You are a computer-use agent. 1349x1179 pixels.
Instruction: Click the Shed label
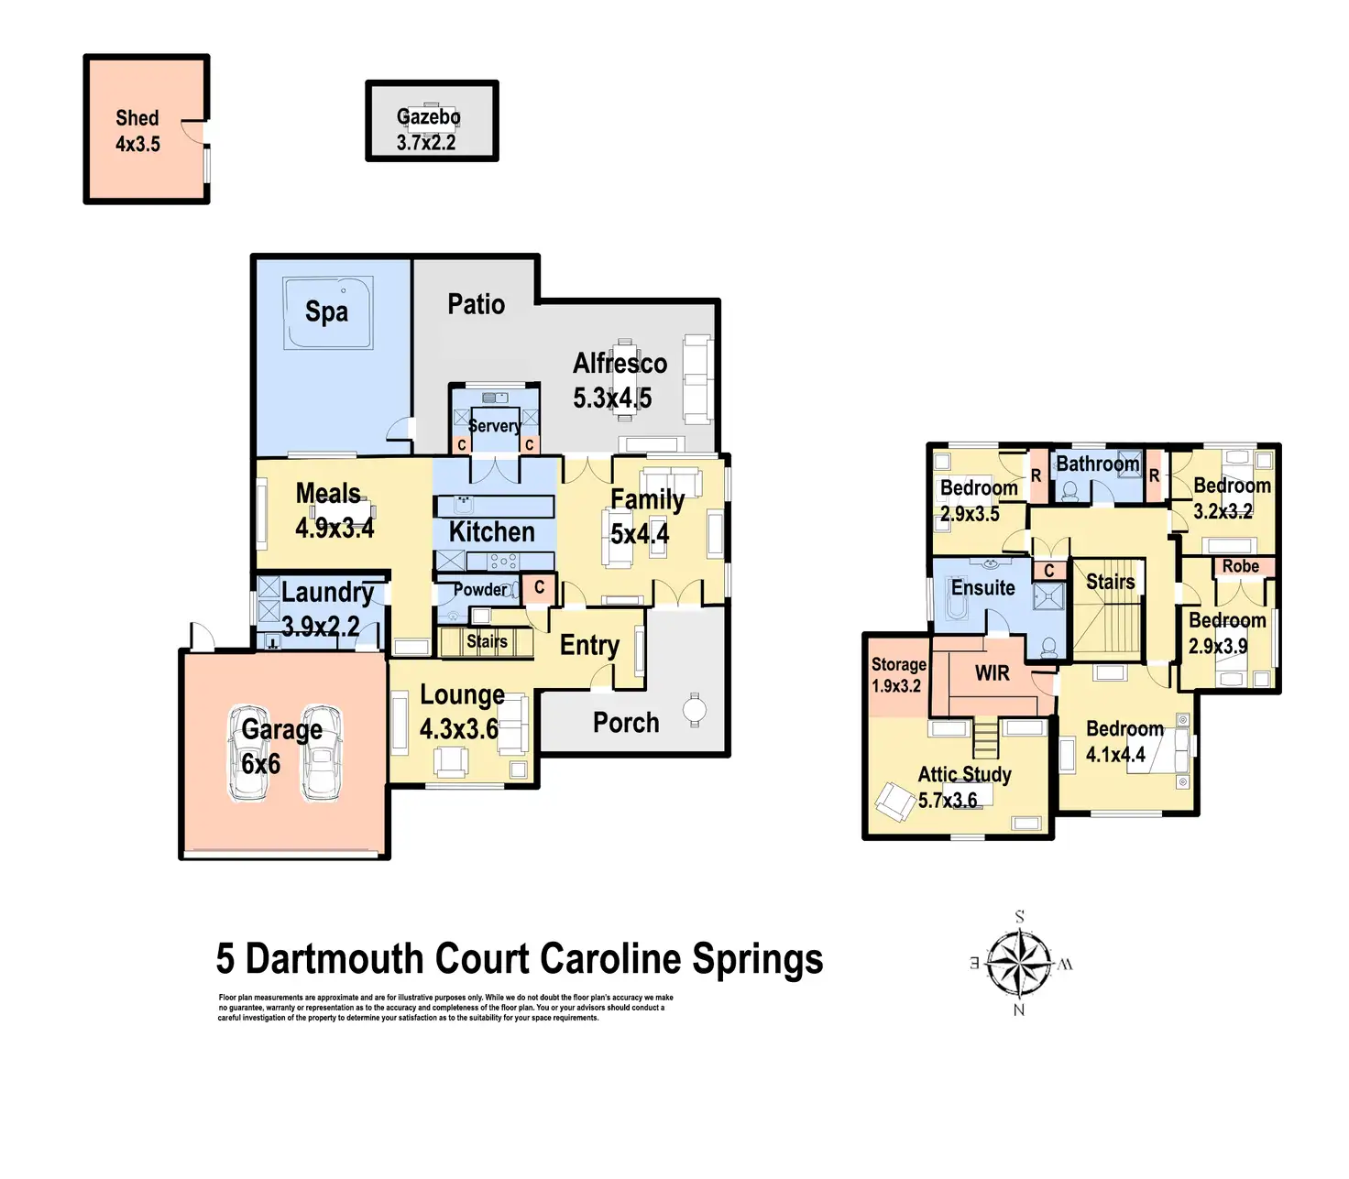click(x=137, y=118)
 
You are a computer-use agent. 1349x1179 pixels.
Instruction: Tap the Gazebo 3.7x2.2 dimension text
click(x=426, y=142)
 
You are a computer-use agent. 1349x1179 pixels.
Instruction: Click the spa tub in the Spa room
click(x=328, y=312)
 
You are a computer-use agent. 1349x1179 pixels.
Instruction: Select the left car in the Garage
click(x=248, y=753)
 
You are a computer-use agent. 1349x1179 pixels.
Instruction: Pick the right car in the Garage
click(x=322, y=753)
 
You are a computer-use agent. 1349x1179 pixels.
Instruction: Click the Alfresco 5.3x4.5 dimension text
click(x=612, y=398)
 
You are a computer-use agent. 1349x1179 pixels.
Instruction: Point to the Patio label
click(x=476, y=304)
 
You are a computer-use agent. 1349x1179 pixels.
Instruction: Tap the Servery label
click(x=494, y=426)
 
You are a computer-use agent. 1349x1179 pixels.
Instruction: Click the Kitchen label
click(x=492, y=532)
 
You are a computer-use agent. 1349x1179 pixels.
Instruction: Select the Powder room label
click(x=480, y=589)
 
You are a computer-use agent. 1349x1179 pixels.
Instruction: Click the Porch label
click(x=626, y=723)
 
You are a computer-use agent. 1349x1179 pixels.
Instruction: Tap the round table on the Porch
click(x=695, y=710)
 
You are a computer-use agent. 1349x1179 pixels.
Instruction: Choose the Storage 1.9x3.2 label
click(x=897, y=675)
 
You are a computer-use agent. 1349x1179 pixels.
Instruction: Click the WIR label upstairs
click(x=992, y=673)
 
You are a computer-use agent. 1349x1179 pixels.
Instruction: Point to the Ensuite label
click(x=983, y=587)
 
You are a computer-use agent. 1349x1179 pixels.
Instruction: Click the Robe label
click(x=1240, y=565)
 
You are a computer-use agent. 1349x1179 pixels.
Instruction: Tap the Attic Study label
click(x=965, y=774)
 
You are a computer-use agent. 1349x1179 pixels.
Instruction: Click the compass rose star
click(x=1019, y=963)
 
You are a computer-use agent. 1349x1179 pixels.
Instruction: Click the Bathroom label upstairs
click(x=1098, y=464)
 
